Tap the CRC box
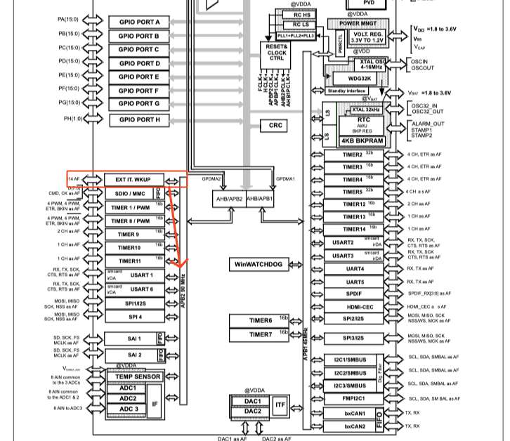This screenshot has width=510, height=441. click(275, 126)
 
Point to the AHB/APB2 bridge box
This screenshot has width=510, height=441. click(228, 199)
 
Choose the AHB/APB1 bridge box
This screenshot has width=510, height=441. click(259, 199)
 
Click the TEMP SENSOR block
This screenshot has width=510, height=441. click(138, 376)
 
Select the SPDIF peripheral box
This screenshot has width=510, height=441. click(353, 294)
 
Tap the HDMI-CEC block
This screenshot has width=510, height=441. click(353, 307)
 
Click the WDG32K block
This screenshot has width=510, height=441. click(359, 79)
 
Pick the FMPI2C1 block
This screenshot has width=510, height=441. click(353, 398)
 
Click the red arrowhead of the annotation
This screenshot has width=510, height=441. click(182, 264)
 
